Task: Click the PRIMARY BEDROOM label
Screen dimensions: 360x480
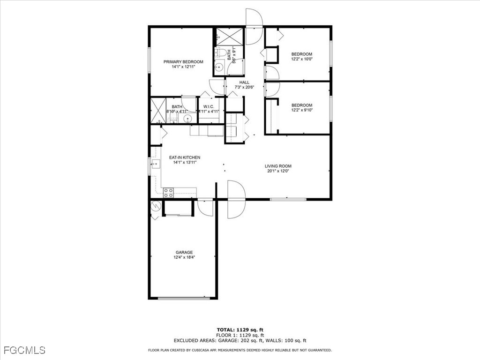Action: click(x=183, y=62)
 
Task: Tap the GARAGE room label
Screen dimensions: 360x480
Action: click(x=184, y=252)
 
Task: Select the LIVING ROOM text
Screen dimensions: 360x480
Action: click(x=278, y=166)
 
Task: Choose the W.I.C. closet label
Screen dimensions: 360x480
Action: click(x=209, y=106)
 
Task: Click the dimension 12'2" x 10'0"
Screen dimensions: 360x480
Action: click(x=301, y=59)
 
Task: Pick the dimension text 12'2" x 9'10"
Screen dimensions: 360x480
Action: click(x=301, y=110)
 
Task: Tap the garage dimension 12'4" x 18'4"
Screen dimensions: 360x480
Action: click(x=184, y=257)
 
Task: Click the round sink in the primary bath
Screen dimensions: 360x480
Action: click(x=187, y=118)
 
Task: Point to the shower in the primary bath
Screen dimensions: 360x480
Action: click(x=158, y=111)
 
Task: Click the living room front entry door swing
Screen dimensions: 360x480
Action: click(x=236, y=199)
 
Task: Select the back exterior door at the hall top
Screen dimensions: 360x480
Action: click(x=253, y=27)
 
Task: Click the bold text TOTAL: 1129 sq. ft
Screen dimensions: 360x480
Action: click(x=243, y=330)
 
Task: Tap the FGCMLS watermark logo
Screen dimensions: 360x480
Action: click(x=24, y=350)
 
